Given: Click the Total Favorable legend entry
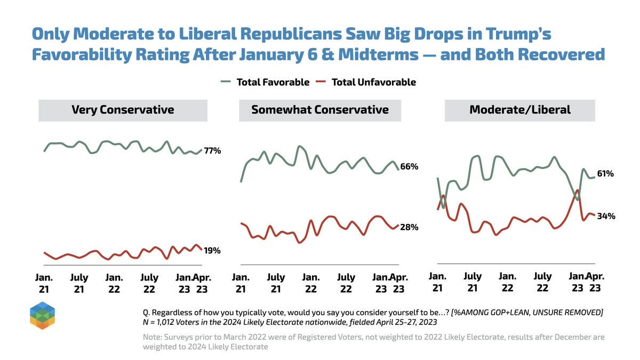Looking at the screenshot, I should [x=265, y=82].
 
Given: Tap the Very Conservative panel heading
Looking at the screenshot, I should [x=123, y=110].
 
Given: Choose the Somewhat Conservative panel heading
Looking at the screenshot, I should [x=320, y=110].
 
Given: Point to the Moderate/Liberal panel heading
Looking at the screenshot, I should [x=520, y=110].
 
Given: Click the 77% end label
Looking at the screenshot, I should [x=212, y=151].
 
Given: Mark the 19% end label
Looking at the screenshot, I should [x=212, y=251].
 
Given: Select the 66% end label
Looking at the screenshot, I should [x=409, y=167].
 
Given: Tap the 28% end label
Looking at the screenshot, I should [x=409, y=227].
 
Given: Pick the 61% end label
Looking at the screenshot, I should [x=606, y=174].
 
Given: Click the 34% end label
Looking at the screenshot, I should [x=606, y=216].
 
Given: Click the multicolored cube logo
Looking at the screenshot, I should [x=43, y=316].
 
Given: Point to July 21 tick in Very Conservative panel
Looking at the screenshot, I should [x=79, y=283].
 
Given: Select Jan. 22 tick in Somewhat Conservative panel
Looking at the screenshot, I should [x=311, y=283].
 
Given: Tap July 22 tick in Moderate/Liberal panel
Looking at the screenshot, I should [x=542, y=282].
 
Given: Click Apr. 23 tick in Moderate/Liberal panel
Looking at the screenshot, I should [x=595, y=282].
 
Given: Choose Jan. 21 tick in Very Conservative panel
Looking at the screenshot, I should [x=44, y=283].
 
